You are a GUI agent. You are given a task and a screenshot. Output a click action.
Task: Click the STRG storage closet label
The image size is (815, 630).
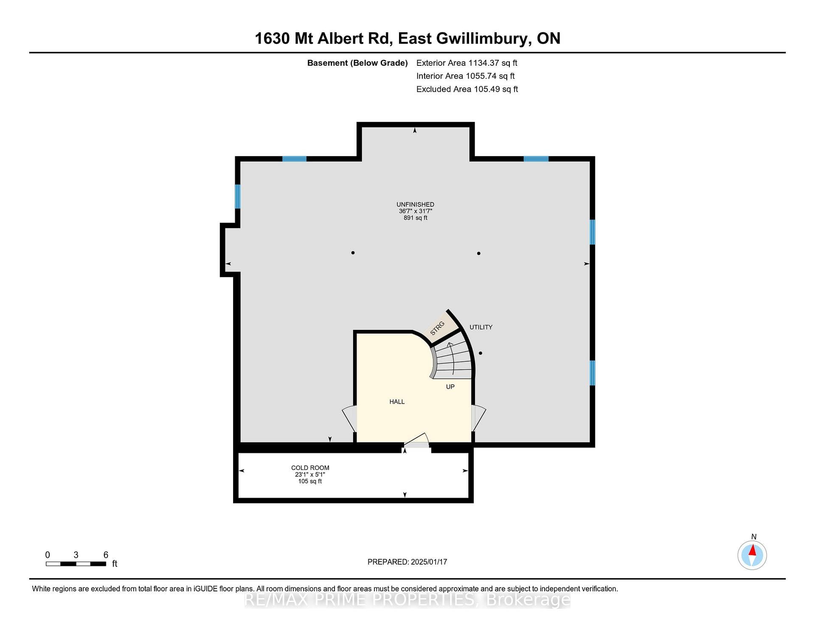437,328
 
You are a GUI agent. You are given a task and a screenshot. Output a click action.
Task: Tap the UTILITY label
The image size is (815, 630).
481,327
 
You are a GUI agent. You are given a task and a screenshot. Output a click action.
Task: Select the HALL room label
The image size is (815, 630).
397,402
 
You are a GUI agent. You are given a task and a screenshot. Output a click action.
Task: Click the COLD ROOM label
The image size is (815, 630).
310,468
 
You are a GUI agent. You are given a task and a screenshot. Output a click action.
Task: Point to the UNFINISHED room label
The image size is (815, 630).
415,205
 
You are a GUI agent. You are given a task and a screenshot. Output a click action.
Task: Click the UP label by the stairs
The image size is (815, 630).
450,387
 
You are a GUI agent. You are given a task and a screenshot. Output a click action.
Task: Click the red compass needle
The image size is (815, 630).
753,551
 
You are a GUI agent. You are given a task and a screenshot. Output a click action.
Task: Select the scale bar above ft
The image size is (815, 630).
76,564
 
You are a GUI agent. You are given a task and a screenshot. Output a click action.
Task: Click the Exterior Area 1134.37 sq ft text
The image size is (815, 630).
467,63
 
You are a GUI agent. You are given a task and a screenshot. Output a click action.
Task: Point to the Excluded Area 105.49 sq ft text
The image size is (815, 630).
467,89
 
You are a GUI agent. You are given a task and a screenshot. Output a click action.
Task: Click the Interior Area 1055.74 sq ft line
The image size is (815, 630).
465,76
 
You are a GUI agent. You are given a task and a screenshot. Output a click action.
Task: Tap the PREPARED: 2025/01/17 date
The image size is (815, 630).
407,562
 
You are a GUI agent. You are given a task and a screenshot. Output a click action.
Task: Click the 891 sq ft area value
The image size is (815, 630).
415,218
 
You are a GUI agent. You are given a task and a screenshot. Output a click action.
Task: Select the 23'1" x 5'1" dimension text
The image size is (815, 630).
310,475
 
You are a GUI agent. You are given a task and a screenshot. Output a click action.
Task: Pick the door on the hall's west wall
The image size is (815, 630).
349,419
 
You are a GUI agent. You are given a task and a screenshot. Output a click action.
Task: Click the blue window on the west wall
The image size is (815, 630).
238,197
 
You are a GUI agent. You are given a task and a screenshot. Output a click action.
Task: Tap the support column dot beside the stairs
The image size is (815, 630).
481,353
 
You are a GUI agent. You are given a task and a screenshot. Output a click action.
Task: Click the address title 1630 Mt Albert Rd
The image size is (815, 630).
322,39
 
